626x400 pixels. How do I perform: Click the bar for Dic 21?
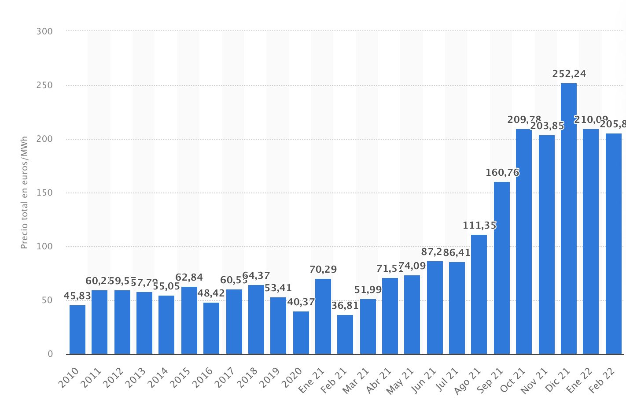tap(568, 219)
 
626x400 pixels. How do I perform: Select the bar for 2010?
tap(77, 330)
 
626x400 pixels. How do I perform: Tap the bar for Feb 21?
tap(345, 334)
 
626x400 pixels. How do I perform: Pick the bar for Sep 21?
tap(501, 268)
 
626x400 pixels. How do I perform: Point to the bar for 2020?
tap(301, 333)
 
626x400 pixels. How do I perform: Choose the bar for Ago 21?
tap(479, 294)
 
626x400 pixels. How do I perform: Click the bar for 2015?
tap(189, 320)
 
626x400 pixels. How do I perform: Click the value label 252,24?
tap(569, 74)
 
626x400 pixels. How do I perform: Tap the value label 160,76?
tap(502, 173)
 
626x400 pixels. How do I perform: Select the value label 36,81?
tap(345, 306)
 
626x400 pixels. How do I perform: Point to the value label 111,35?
tap(479, 226)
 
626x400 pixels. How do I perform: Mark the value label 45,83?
tap(77, 296)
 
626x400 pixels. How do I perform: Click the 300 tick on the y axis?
tap(44, 31)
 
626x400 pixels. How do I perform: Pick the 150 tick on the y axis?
tap(44, 193)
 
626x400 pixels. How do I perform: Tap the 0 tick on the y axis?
tap(50, 354)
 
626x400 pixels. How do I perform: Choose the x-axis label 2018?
tap(247, 378)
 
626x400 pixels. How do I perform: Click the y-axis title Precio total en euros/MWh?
tap(25, 193)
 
